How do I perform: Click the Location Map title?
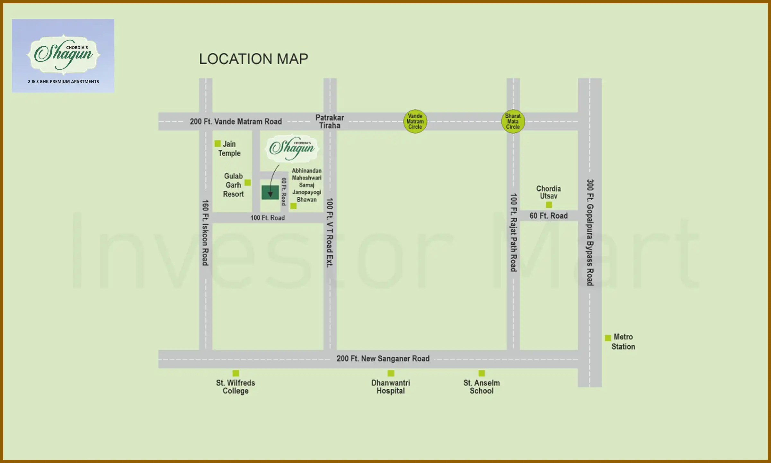(253, 59)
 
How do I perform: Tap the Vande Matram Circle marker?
(415, 122)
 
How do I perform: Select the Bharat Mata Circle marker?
(513, 122)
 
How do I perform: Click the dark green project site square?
(270, 192)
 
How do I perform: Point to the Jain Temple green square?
(217, 143)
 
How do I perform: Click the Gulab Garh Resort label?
(234, 185)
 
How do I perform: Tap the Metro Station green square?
(607, 338)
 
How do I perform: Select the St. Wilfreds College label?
(235, 387)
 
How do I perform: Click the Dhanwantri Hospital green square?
(391, 373)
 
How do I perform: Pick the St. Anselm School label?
(481, 387)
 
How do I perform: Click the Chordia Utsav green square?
(549, 205)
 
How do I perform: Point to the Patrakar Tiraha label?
(330, 122)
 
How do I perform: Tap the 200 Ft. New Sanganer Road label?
(383, 359)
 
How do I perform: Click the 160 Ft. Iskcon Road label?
(205, 233)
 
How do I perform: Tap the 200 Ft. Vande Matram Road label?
(236, 122)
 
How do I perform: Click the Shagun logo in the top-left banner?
(63, 53)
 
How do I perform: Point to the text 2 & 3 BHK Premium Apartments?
(63, 82)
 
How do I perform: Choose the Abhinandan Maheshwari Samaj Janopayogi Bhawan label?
(306, 185)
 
